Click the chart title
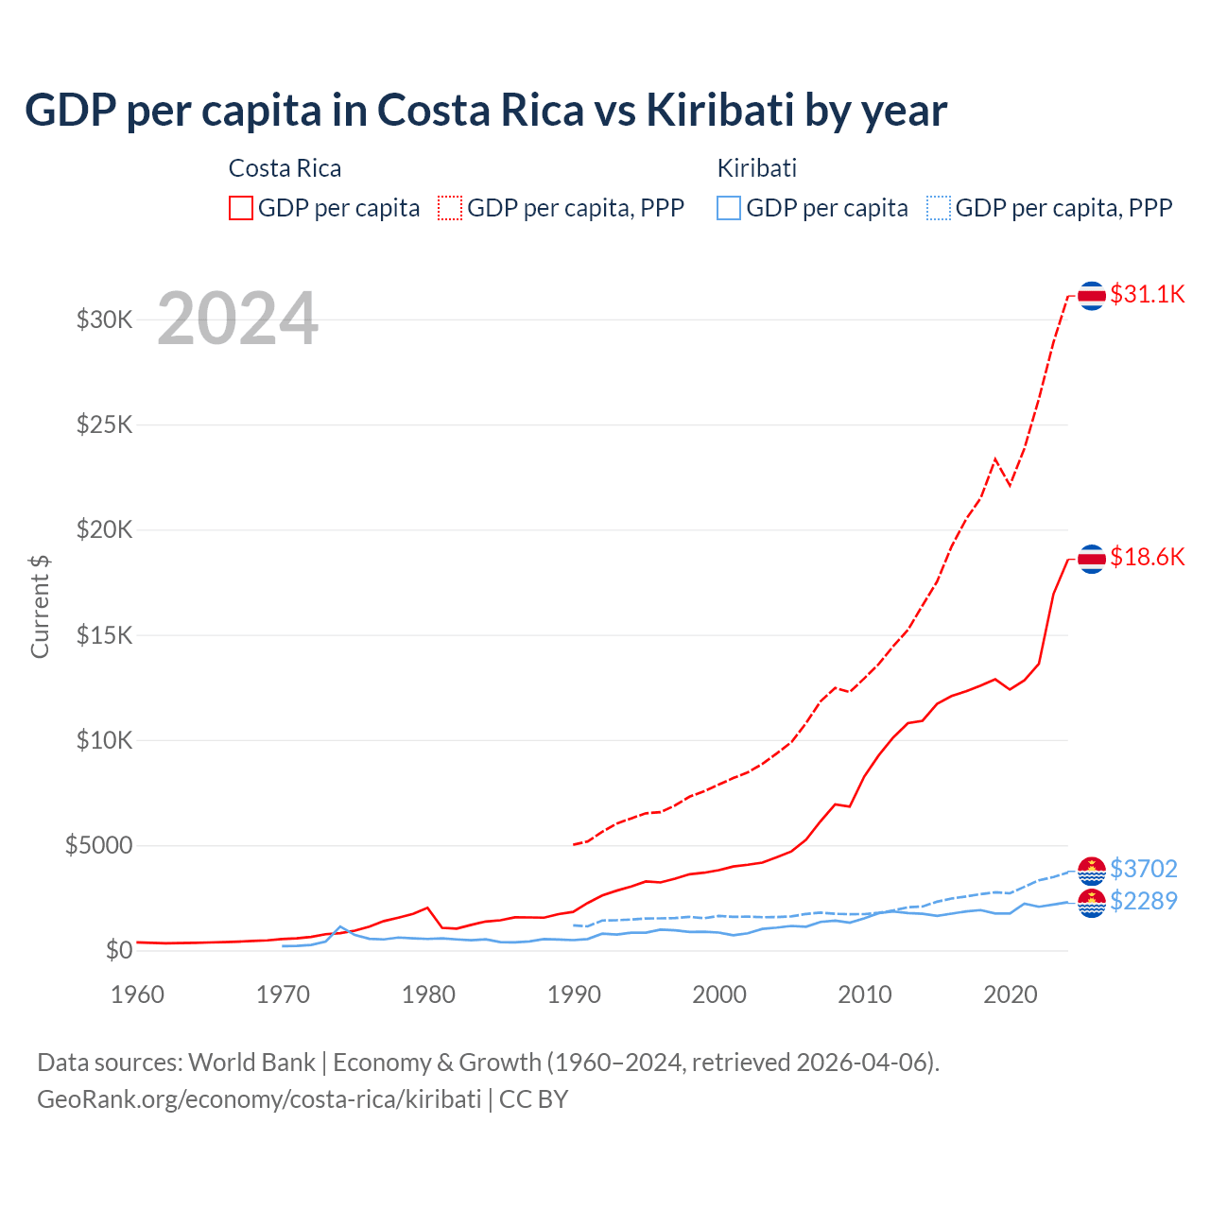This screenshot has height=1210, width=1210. [x=486, y=110]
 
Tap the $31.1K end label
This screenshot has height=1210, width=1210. [x=1147, y=294]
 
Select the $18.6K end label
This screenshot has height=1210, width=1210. [x=1147, y=557]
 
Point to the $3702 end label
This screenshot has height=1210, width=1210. [x=1143, y=869]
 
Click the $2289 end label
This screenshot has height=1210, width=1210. [x=1143, y=901]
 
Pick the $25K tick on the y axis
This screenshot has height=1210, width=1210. [x=105, y=424]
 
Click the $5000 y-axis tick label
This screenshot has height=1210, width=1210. [x=99, y=845]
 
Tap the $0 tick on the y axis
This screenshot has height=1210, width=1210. [x=118, y=950]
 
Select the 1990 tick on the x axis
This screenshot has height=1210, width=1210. [x=574, y=994]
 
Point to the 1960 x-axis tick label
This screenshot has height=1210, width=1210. [x=138, y=994]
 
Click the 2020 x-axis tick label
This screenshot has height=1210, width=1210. [x=1011, y=994]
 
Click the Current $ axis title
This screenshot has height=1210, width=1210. [x=40, y=606]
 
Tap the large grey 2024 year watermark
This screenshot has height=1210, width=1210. [x=237, y=319]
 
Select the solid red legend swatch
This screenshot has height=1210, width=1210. [x=241, y=208]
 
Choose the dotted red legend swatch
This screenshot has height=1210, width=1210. [x=450, y=208]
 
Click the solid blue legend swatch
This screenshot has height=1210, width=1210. [x=729, y=208]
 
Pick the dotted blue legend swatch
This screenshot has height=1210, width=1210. [x=939, y=208]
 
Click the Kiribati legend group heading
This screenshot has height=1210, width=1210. [x=756, y=168]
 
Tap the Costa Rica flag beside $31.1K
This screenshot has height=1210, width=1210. [x=1092, y=296]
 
